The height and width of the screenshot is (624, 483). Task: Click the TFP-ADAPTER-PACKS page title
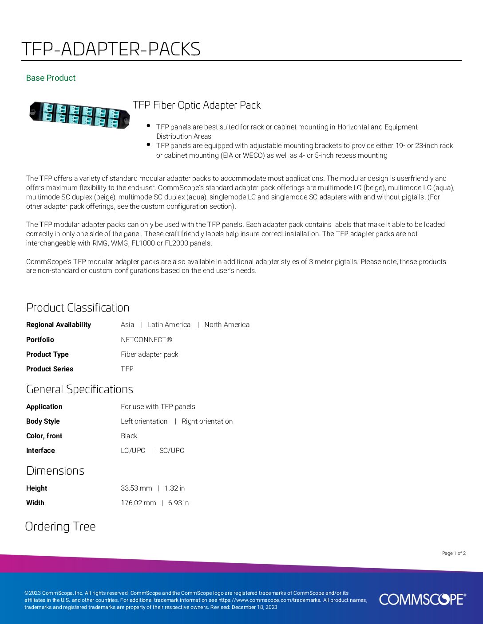[x=111, y=49]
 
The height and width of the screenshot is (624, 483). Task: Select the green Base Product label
[x=51, y=78]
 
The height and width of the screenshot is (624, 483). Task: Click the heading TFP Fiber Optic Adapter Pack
[x=197, y=105]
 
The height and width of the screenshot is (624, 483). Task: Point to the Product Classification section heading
[x=78, y=308]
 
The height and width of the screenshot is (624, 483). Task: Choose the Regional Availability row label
[x=59, y=325]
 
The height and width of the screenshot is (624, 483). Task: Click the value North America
[x=227, y=325]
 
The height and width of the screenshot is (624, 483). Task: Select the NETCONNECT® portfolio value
[x=146, y=340]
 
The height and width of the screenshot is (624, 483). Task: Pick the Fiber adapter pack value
[x=149, y=355]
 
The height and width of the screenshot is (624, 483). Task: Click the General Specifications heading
[x=79, y=389]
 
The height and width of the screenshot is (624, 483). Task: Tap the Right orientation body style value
[x=207, y=421]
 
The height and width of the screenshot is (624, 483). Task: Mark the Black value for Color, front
[x=129, y=436]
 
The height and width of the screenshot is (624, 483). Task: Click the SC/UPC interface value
[x=172, y=451]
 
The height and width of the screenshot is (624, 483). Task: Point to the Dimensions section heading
[x=55, y=471]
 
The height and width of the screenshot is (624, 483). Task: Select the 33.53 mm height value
[x=136, y=488]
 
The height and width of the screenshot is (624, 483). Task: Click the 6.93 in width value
[x=178, y=503]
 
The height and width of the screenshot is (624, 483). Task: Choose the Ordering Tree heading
[x=60, y=526]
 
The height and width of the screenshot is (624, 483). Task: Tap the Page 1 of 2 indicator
[x=454, y=553]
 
